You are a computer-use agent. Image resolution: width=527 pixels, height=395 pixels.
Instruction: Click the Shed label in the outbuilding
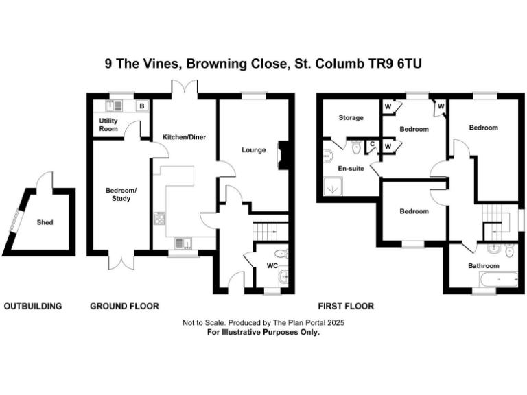click(x=45, y=222)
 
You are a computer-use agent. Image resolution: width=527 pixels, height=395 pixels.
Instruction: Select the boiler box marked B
click(x=141, y=106)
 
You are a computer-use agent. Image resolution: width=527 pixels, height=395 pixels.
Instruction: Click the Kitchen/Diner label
click(x=184, y=137)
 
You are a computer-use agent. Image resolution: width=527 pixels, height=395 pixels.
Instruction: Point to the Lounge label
click(x=254, y=150)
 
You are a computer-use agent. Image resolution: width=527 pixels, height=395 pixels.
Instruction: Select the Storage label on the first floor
click(x=351, y=117)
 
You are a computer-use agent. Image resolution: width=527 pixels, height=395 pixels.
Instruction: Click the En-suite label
click(x=351, y=167)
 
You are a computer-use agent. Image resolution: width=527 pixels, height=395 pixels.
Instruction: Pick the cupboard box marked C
click(x=372, y=144)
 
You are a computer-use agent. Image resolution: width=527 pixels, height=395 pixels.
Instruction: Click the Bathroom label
click(x=483, y=265)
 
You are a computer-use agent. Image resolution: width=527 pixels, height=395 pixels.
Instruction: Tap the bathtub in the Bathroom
click(x=495, y=279)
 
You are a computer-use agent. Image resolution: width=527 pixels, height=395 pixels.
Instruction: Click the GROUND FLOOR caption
click(x=124, y=306)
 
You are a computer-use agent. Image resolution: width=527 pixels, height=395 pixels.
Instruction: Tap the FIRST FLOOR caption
click(x=346, y=306)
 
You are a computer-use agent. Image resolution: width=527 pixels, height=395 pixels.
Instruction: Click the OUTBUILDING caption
click(x=34, y=306)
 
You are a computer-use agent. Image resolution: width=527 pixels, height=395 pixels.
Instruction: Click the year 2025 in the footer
click(x=334, y=322)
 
